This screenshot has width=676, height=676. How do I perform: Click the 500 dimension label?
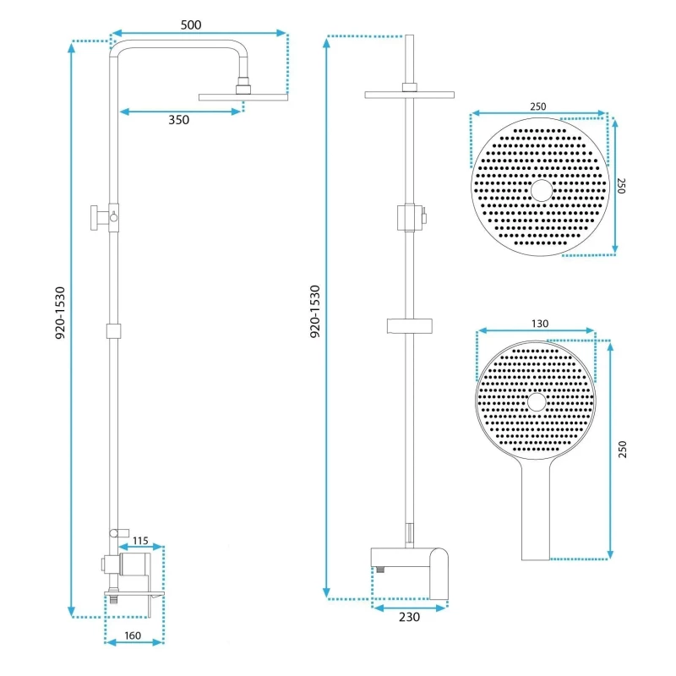(191, 25)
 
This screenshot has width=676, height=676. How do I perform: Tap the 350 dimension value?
(178, 120)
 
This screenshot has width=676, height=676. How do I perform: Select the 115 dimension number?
(140, 541)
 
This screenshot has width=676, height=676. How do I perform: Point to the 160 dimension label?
(133, 635)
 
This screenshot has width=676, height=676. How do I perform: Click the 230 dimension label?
(409, 618)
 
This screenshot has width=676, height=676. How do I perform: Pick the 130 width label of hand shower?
(540, 324)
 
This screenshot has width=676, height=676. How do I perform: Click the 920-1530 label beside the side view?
(60, 313)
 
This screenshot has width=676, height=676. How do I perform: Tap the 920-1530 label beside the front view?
(315, 311)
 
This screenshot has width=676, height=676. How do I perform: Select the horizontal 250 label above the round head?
(538, 106)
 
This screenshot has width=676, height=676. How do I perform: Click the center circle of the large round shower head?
(542, 191)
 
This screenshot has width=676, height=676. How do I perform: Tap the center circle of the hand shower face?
(537, 402)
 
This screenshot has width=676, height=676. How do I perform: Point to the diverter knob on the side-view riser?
(99, 218)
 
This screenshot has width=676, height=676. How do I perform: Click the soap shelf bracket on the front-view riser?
(410, 326)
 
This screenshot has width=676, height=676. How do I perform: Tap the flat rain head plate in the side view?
(243, 97)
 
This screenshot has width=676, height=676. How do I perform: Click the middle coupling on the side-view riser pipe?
(113, 331)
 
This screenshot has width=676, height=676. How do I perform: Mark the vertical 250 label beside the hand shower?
(622, 450)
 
